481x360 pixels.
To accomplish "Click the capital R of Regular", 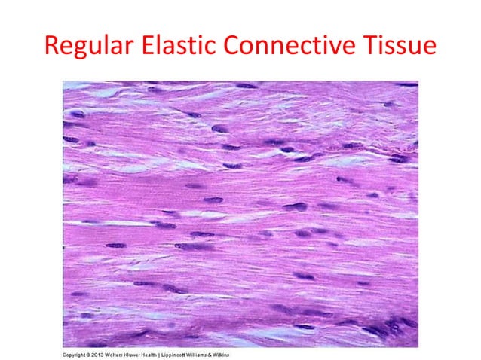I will click(x=51, y=47).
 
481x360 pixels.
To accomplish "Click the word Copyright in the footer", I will click(x=75, y=353).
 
